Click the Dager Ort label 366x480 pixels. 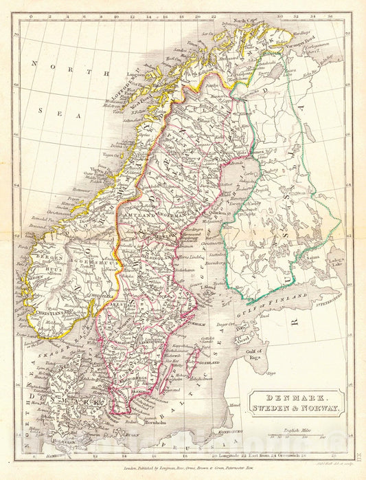coord(227,323)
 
